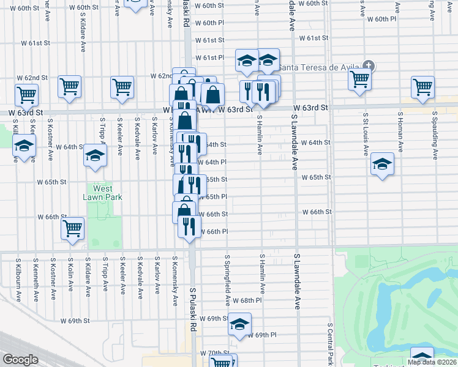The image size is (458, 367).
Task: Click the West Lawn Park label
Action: pos(103,193)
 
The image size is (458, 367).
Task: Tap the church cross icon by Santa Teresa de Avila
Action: pos(368,65)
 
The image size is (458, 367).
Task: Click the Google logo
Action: pos(20,360)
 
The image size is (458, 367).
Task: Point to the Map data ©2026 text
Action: pos(432,362)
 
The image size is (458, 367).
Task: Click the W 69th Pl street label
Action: pos(266,335)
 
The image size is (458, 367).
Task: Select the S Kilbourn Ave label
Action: pos(18,279)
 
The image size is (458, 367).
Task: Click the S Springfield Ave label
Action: pos(227,281)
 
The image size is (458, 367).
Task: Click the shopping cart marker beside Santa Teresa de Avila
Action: pos(359,79)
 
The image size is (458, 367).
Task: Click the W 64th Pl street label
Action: pos(216,162)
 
